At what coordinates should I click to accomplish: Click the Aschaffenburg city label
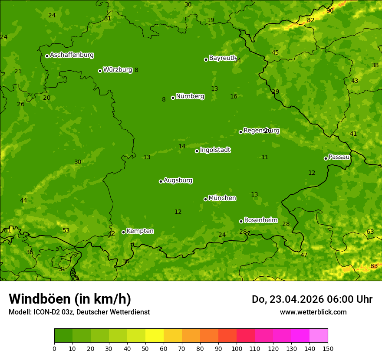(x=72, y=55)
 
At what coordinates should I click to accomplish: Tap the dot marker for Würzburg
(x=100, y=71)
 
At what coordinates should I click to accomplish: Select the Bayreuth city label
(x=222, y=58)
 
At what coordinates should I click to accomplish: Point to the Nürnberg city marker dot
(x=173, y=98)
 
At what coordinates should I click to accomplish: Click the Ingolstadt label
(x=215, y=150)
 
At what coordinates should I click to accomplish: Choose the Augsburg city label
(x=178, y=180)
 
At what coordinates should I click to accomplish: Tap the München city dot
(x=205, y=199)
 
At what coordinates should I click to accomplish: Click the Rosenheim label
(x=260, y=220)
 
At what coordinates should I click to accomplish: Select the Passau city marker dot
(x=326, y=158)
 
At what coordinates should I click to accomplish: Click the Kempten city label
(x=140, y=231)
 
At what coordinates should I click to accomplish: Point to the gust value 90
(x=330, y=10)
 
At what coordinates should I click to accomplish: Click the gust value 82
(x=310, y=20)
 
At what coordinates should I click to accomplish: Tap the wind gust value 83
(x=374, y=266)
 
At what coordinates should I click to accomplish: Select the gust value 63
(x=370, y=232)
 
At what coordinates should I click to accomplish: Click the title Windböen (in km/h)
(x=69, y=299)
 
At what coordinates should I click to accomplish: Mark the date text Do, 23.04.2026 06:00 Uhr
(x=312, y=299)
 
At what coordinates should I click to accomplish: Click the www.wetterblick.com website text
(x=313, y=312)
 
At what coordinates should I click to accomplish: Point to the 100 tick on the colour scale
(x=237, y=348)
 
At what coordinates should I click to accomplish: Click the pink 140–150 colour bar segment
(x=319, y=336)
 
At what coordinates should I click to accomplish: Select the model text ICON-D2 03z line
(x=79, y=312)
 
